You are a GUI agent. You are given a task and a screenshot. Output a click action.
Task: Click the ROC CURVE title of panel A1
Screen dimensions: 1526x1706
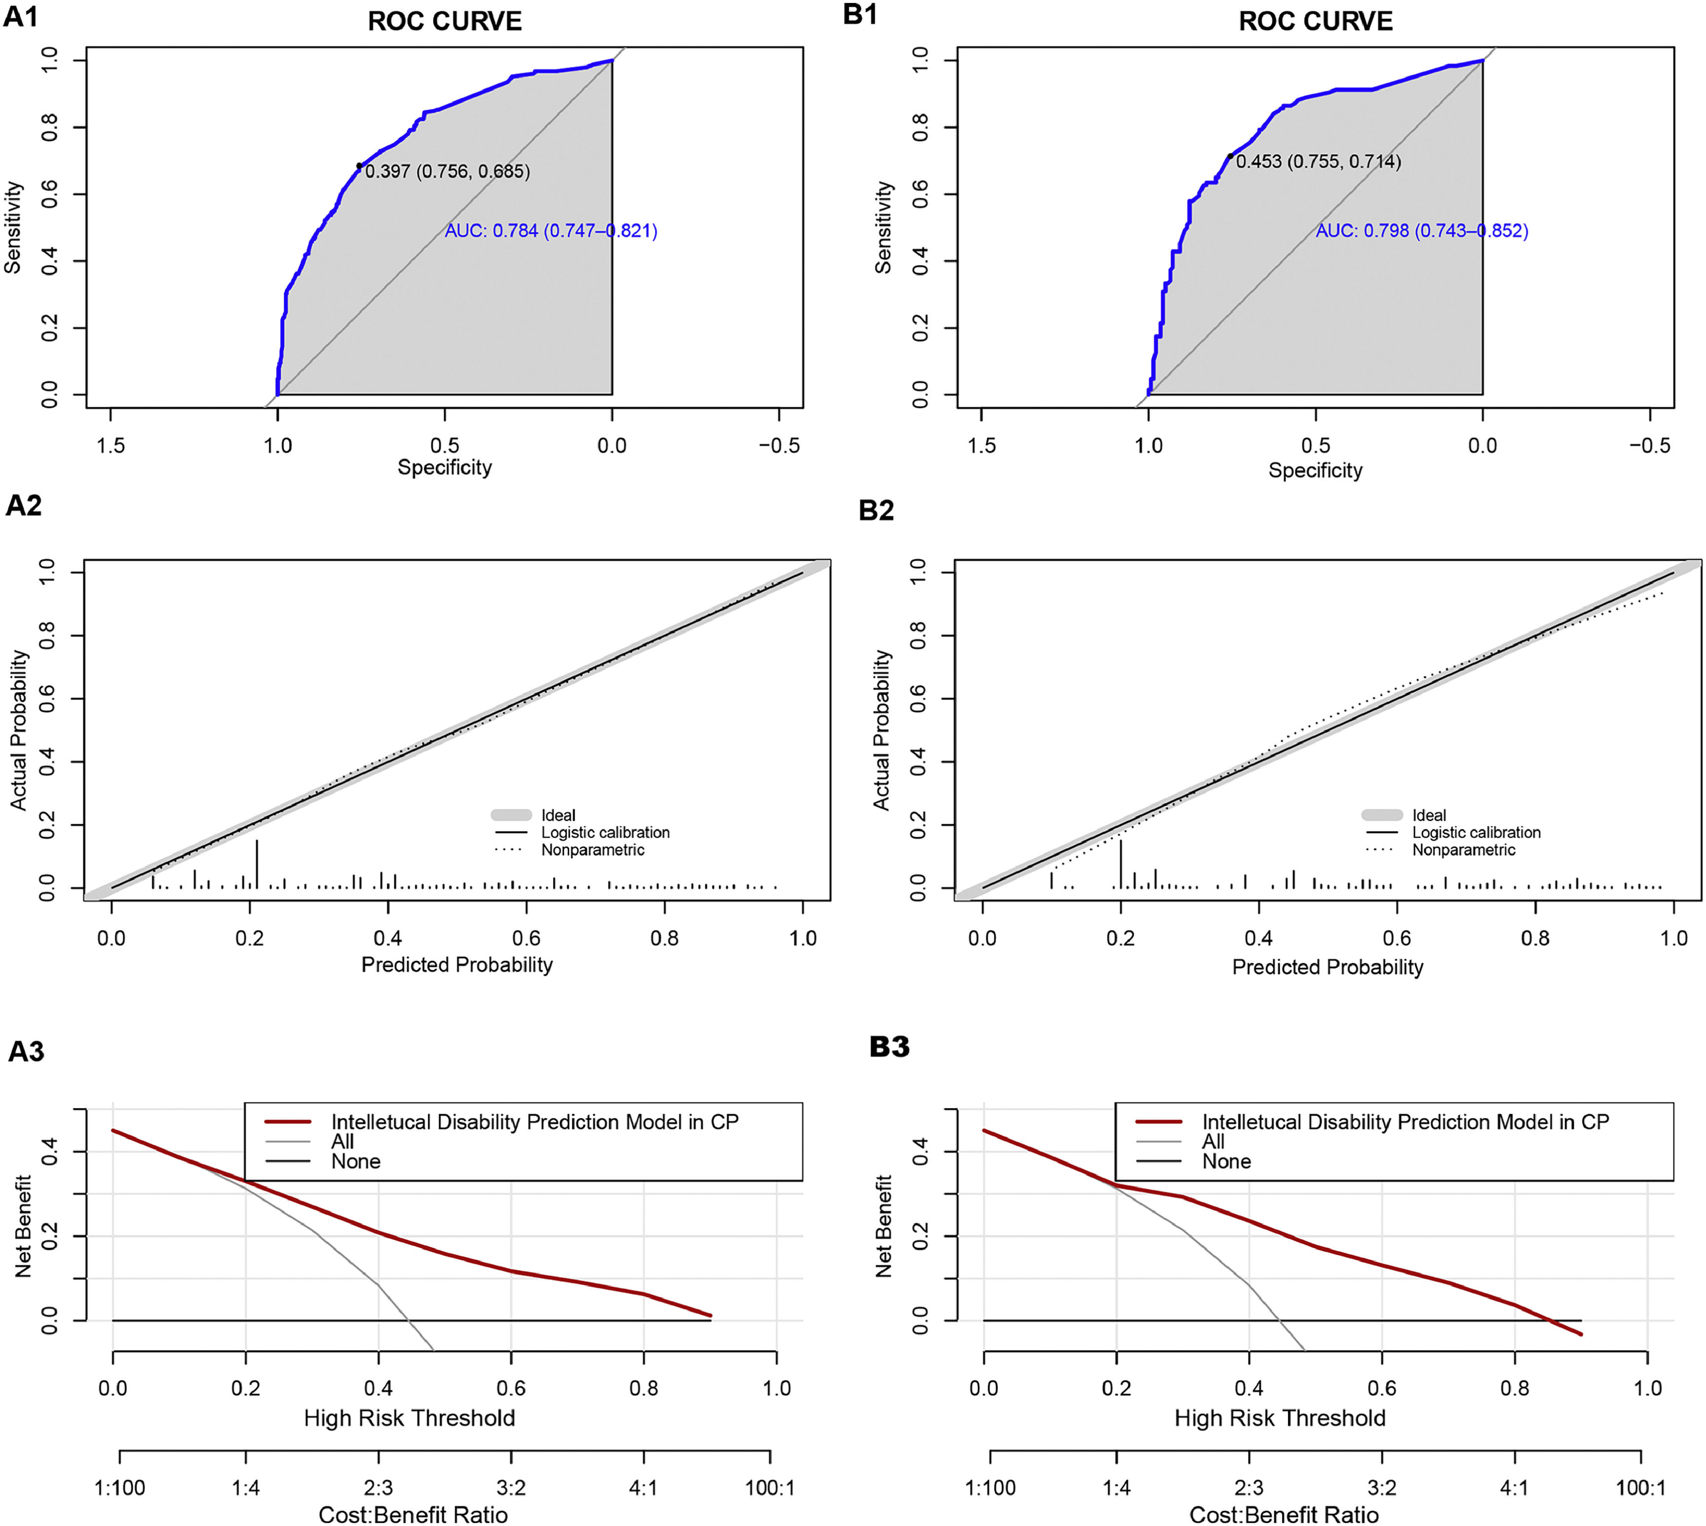tap(445, 21)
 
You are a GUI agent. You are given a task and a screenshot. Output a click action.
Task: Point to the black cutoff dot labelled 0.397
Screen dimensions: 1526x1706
tap(359, 166)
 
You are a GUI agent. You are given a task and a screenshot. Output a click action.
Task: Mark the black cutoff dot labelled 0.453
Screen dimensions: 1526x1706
tap(1229, 156)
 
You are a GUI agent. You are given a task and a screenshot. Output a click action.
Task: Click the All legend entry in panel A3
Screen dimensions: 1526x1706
tap(342, 1141)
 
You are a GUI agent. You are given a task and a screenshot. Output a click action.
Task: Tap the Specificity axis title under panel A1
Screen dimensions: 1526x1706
tap(445, 467)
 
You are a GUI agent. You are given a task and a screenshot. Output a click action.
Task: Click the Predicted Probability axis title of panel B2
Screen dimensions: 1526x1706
tap(1327, 967)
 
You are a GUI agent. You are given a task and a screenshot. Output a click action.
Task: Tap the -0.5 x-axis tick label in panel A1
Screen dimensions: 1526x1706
tap(779, 445)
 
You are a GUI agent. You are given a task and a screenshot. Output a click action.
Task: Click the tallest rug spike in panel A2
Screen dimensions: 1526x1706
tap(257, 864)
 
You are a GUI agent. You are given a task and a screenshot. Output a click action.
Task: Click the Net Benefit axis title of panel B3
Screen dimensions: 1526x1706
tap(883, 1226)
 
